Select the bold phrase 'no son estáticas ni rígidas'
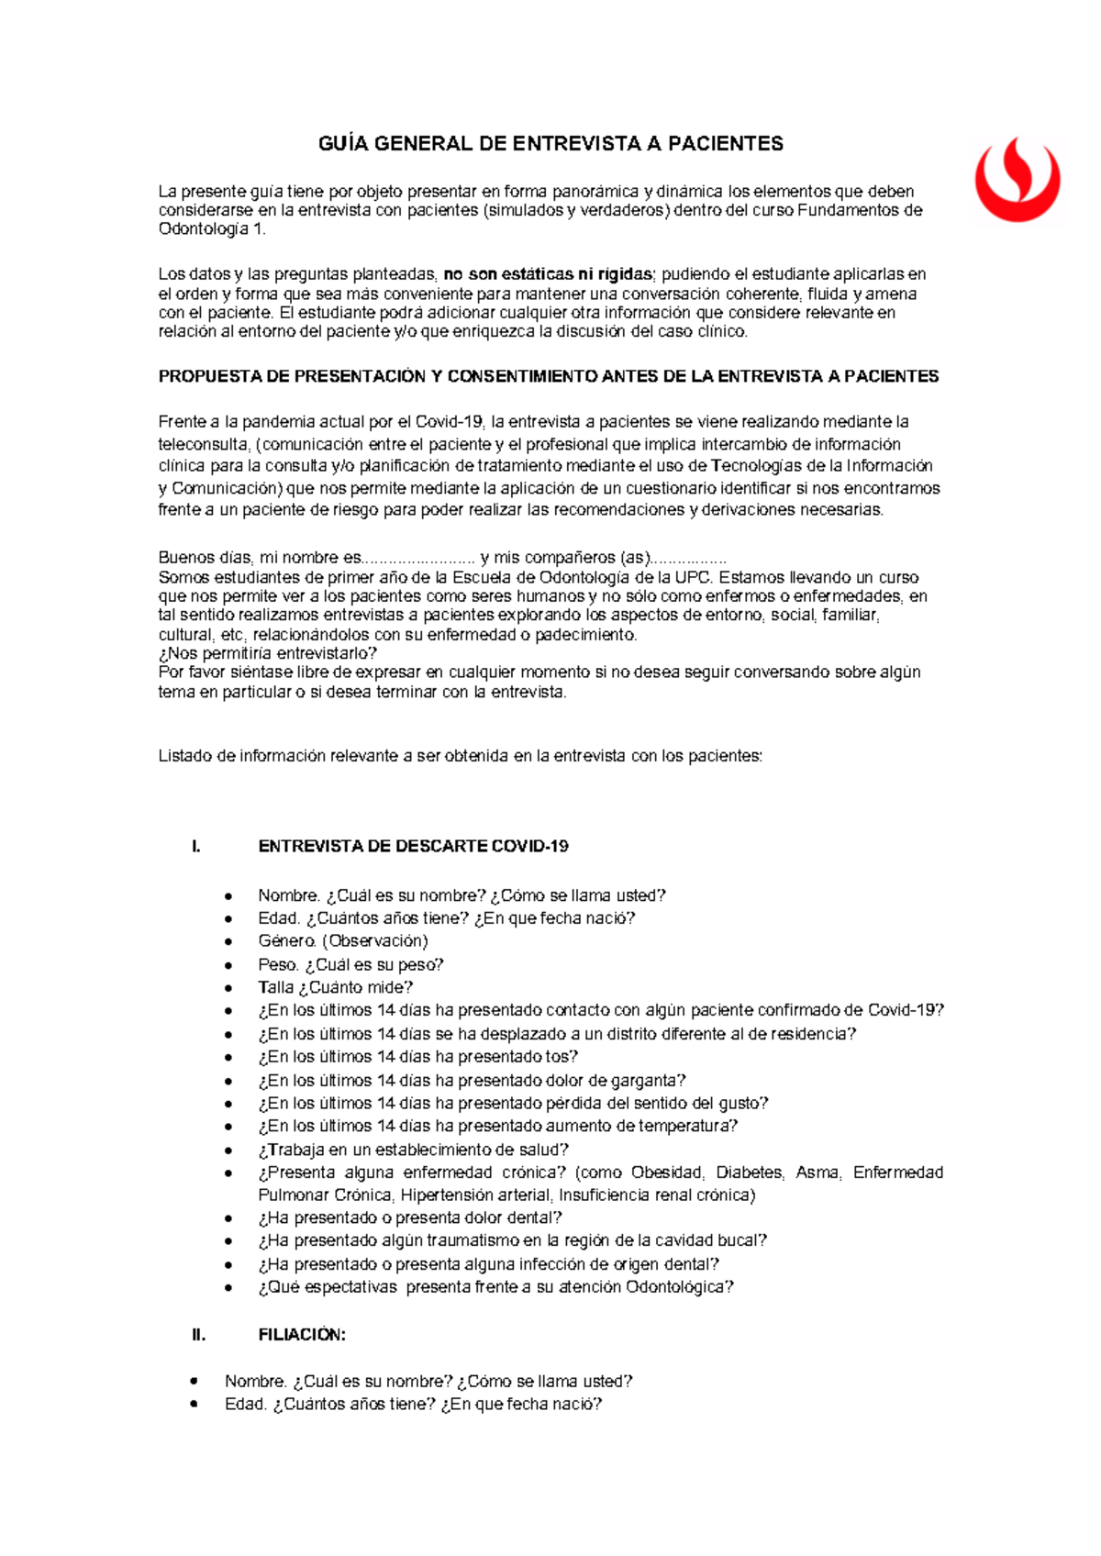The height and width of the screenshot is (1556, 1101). (x=548, y=274)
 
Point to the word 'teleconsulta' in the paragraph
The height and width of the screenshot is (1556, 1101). (x=203, y=444)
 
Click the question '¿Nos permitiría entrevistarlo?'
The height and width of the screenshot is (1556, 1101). (x=268, y=653)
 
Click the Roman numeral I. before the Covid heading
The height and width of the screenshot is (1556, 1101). (x=196, y=847)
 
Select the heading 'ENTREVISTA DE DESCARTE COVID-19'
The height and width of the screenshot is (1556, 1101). (x=413, y=847)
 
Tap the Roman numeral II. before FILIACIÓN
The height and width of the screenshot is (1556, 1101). (x=199, y=1336)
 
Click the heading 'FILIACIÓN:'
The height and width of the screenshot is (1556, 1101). (x=302, y=1336)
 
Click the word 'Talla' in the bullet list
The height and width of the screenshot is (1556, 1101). (x=275, y=988)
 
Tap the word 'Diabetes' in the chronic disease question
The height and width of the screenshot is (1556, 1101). (x=749, y=1173)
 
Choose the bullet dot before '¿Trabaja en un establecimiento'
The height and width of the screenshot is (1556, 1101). (x=228, y=1150)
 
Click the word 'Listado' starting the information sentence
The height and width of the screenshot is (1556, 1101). (x=185, y=757)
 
